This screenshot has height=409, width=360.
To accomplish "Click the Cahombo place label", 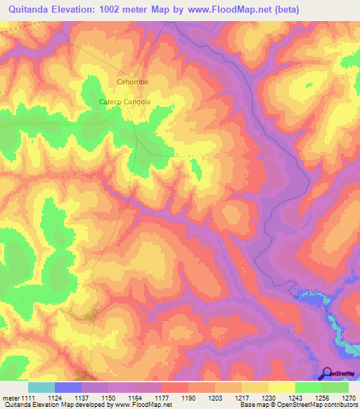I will pyautogui.click(x=132, y=82).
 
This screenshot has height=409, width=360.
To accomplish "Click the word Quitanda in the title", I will pyautogui.click(x=31, y=9).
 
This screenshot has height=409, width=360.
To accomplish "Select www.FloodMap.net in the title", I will pyautogui.click(x=224, y=9).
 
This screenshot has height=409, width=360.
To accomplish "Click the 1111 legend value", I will pyautogui.click(x=27, y=398).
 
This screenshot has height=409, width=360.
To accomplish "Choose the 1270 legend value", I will pyautogui.click(x=349, y=398).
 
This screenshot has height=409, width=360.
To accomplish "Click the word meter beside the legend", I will pyautogui.click(x=9, y=398).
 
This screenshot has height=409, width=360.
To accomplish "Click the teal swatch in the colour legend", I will pyautogui.click(x=41, y=387).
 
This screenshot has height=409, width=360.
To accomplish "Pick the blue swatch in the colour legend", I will pyautogui.click(x=68, y=387).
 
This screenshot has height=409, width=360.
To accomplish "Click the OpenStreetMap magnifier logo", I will pyautogui.click(x=327, y=373).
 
